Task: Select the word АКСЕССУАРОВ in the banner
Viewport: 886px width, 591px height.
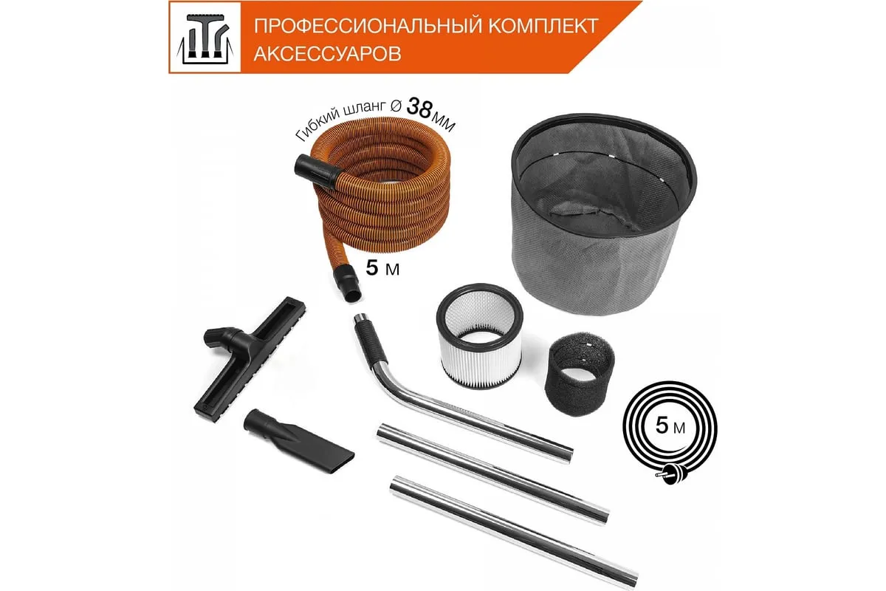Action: pyautogui.click(x=328, y=53)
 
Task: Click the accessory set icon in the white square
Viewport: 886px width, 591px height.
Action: pyautogui.click(x=205, y=38)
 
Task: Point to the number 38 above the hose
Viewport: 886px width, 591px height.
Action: pyautogui.click(x=419, y=108)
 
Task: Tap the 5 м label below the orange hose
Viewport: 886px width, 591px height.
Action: pyautogui.click(x=382, y=268)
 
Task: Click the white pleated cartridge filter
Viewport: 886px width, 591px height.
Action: pyautogui.click(x=479, y=336)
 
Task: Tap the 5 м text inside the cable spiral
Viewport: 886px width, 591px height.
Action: pyautogui.click(x=670, y=426)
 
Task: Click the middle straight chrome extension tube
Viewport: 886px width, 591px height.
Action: pyautogui.click(x=492, y=474)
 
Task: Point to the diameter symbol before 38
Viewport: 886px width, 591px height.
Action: pyautogui.click(x=396, y=106)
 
